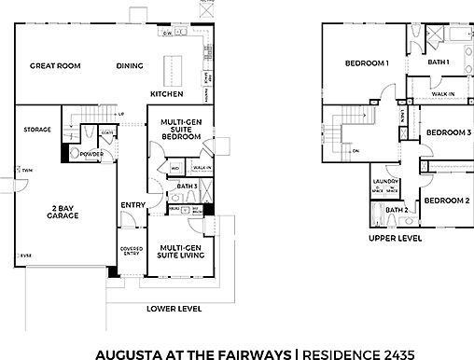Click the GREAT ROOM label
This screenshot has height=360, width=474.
[54, 66]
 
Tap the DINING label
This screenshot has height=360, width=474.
[129, 66]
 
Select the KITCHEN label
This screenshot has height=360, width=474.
[167, 94]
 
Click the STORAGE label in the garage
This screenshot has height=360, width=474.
[37, 130]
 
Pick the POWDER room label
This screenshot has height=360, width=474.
[91, 154]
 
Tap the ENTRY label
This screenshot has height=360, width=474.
[132, 205]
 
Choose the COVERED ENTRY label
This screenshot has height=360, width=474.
[131, 251]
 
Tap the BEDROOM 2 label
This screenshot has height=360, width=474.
[445, 201]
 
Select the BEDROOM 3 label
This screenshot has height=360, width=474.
[448, 132]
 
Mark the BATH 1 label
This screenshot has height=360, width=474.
[439, 62]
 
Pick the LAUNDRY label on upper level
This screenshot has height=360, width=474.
[384, 181]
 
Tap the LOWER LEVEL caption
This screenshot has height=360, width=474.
[176, 309]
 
